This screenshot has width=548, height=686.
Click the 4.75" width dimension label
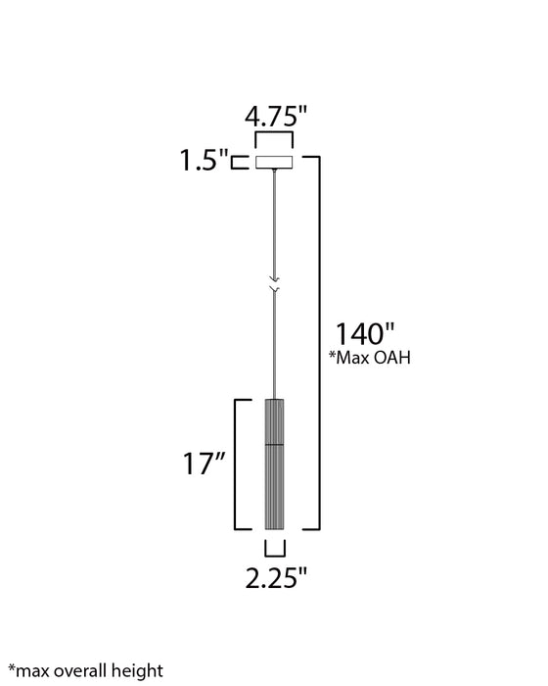[x=276, y=117]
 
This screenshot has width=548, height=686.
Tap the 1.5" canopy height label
[x=204, y=160]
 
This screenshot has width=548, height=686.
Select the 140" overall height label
[x=364, y=334]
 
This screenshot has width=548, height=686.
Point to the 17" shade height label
[x=204, y=464]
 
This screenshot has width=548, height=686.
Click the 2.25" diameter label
[x=276, y=578]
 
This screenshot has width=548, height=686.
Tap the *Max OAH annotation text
[x=370, y=358]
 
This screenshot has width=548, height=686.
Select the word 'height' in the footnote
[x=137, y=671]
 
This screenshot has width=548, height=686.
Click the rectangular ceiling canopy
[x=274, y=162]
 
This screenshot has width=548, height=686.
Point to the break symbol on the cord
[x=274, y=283]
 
